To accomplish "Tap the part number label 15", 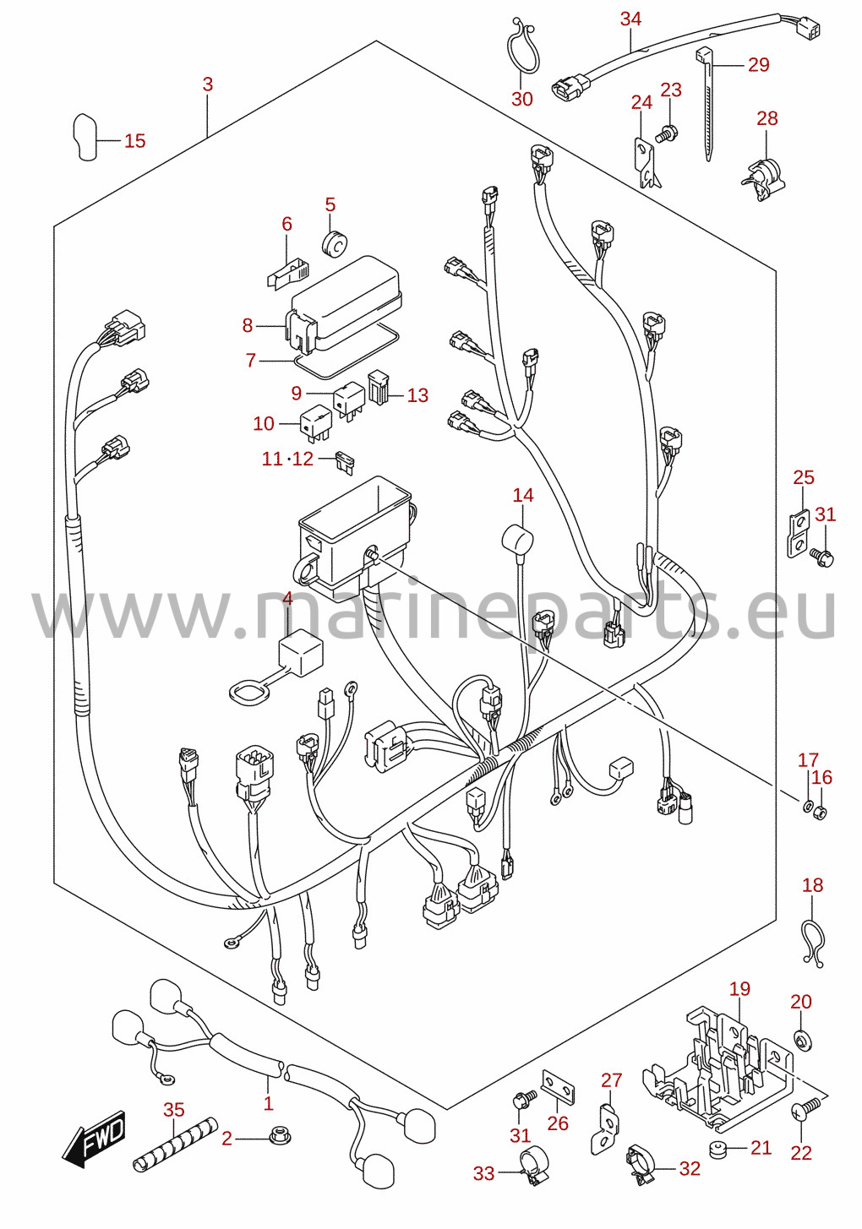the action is click(135, 141).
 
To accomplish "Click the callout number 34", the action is click(630, 19).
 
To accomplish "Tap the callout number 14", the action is click(522, 496).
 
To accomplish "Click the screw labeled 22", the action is click(805, 1107).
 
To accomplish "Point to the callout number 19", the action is click(739, 988).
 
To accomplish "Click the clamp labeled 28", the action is click(762, 172).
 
